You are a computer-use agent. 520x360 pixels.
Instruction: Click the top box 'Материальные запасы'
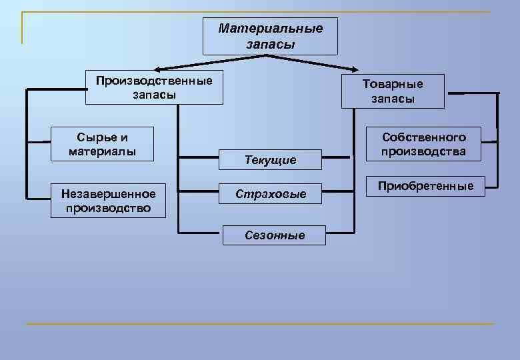(x=270, y=36)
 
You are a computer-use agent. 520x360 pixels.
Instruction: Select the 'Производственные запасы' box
(x=154, y=88)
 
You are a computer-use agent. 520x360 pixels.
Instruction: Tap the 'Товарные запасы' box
(x=393, y=91)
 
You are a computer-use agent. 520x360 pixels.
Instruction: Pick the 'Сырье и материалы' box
(x=102, y=144)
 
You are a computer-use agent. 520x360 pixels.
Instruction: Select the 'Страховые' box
(x=270, y=194)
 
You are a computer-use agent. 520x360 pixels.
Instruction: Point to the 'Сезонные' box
(x=275, y=235)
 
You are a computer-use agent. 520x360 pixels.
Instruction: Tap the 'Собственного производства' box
(x=423, y=144)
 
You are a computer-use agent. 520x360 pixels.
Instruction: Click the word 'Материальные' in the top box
(x=270, y=29)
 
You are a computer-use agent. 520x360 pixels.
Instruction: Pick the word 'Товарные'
(x=393, y=84)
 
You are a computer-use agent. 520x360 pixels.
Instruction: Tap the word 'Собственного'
(x=423, y=137)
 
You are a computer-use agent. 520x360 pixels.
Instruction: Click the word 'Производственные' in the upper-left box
(x=154, y=81)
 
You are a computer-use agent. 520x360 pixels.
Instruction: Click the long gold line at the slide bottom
(x=260, y=324)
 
